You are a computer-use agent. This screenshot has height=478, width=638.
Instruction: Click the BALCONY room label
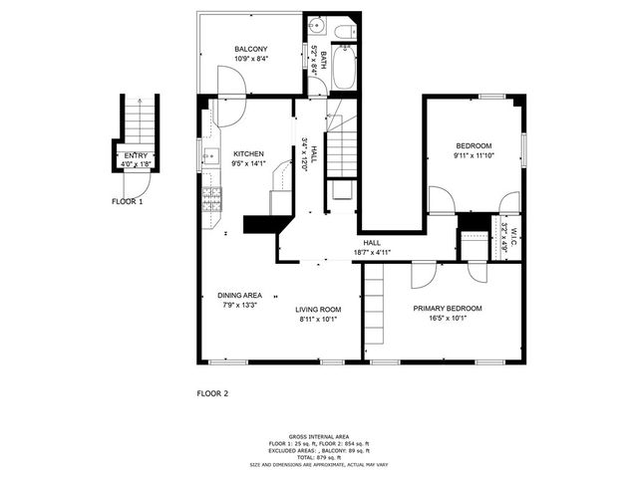(x=250, y=49)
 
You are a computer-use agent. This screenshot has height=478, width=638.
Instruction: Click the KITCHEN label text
(x=248, y=153)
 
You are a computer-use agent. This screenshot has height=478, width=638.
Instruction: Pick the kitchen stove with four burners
(x=210, y=200)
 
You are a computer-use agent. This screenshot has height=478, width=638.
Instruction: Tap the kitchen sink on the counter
(x=210, y=155)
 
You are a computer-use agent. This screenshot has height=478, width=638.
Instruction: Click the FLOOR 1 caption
(x=128, y=201)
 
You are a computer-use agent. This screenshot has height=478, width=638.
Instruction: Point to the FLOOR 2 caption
(x=212, y=393)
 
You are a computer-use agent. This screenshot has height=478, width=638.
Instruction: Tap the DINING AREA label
(x=239, y=296)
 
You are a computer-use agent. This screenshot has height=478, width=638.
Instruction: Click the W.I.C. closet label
(x=515, y=231)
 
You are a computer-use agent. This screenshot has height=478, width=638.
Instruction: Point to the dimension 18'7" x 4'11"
(x=371, y=253)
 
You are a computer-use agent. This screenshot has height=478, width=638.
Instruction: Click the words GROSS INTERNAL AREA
(x=318, y=436)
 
